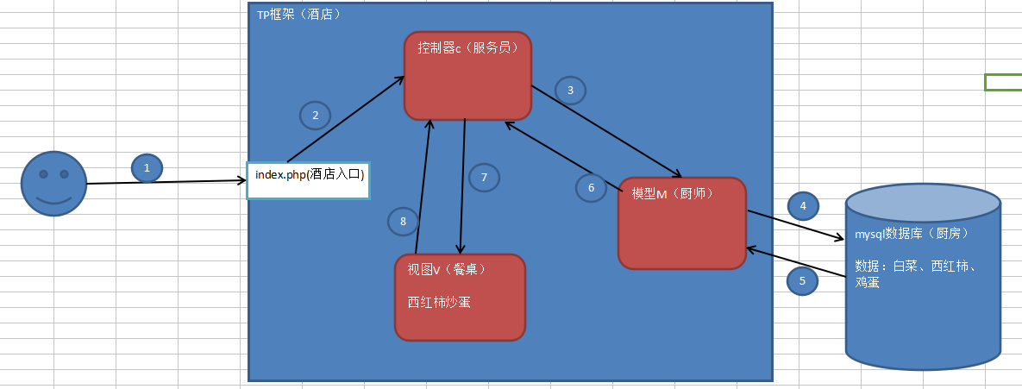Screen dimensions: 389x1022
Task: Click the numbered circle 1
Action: coord(147,167)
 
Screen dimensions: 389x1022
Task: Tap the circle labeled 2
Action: coord(316,115)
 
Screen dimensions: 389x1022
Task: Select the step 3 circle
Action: coord(570,90)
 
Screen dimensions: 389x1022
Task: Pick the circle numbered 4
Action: coord(803,206)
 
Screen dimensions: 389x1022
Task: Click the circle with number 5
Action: coord(803,280)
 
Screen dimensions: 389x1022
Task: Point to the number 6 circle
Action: coord(591,187)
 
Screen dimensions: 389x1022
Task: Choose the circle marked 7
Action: coord(484,178)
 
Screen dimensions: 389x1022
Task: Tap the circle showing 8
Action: coord(403,222)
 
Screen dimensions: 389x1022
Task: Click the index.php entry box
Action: coord(308,179)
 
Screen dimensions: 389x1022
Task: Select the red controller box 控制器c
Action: coord(467,76)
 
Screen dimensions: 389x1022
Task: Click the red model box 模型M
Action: coord(681,223)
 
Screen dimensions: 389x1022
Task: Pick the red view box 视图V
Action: coord(460,297)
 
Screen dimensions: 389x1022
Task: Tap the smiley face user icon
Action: coord(53,183)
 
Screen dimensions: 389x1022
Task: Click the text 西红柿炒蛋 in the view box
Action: coord(439,302)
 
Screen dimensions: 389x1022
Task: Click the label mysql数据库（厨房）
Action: coord(912,234)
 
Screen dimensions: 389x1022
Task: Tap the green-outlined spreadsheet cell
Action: coord(1003,82)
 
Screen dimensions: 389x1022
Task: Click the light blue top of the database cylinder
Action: coord(923,204)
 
